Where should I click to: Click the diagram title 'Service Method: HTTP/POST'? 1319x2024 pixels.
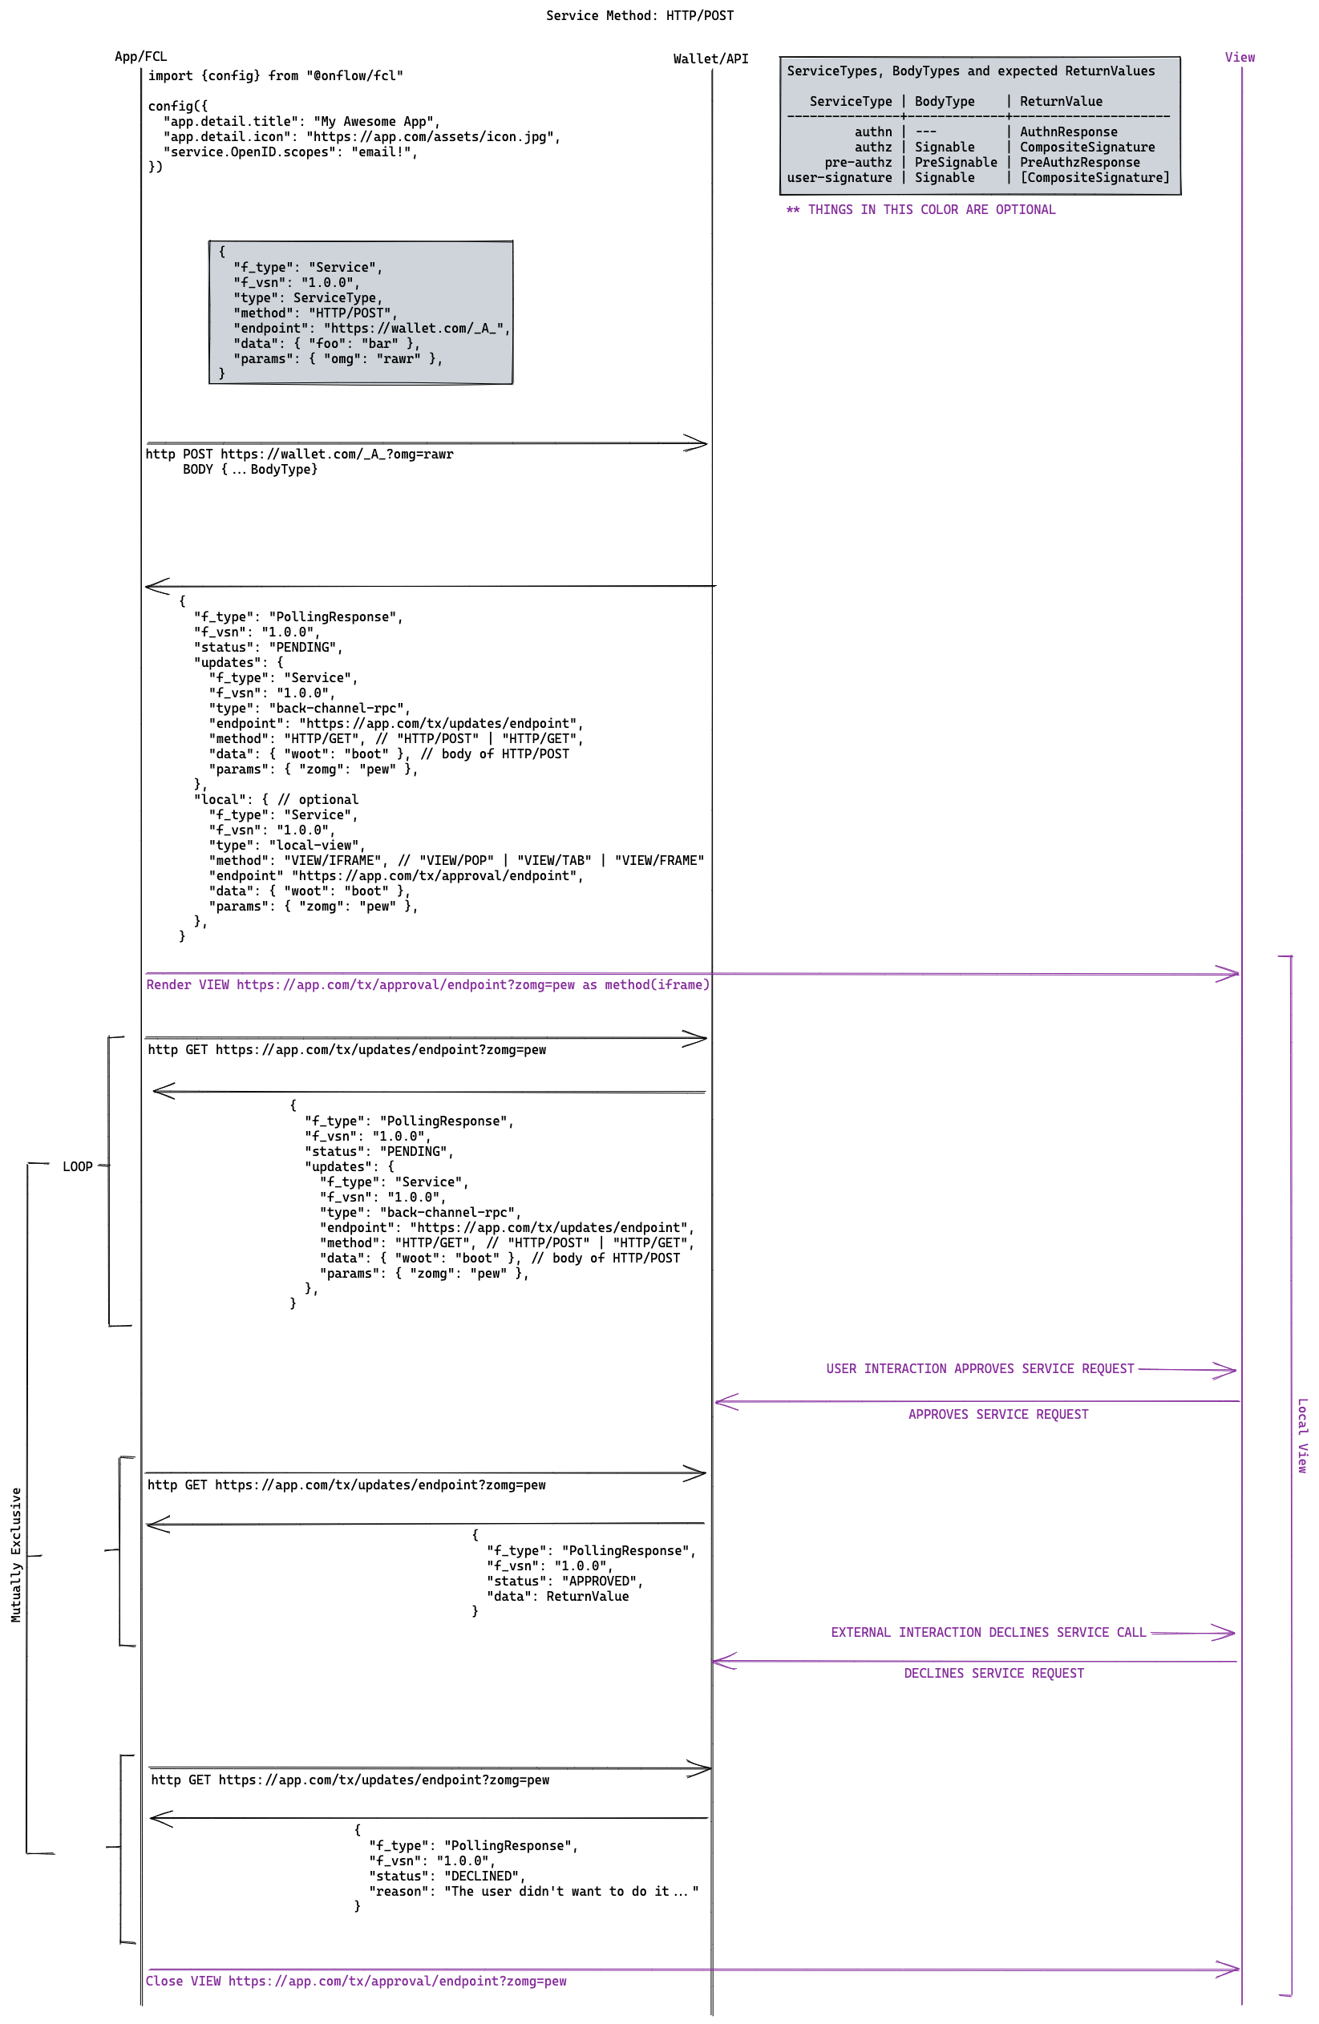(x=640, y=15)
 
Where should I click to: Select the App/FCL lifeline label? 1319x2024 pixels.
(x=141, y=57)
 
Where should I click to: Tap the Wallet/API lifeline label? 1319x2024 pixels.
(x=710, y=59)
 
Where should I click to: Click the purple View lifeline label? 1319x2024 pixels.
(x=1239, y=58)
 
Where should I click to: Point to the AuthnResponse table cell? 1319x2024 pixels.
(x=1068, y=131)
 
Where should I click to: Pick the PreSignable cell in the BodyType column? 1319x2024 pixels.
(x=955, y=163)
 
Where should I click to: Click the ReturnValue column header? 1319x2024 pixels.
(x=1061, y=101)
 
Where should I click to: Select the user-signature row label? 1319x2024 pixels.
(x=839, y=178)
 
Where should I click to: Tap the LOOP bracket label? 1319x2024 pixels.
(x=78, y=1167)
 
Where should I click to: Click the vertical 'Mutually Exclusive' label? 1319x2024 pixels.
(x=15, y=1554)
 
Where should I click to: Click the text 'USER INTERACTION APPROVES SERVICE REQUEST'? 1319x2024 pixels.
(x=980, y=1368)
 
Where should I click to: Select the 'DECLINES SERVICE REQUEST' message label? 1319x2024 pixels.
(x=993, y=1673)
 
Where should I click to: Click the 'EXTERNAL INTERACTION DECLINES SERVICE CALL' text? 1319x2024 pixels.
(x=988, y=1632)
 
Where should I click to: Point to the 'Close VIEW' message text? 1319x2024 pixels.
(x=355, y=1981)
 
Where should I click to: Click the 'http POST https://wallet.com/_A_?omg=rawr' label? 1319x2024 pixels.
(x=299, y=454)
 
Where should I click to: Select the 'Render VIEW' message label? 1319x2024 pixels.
(x=427, y=985)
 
